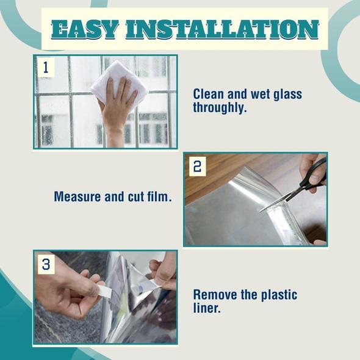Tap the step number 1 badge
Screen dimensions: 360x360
point(45,67)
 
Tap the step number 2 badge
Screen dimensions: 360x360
point(196,166)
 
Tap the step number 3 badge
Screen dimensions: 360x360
point(46,264)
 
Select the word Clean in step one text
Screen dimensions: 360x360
point(209,95)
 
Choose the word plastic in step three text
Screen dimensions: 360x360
point(278,295)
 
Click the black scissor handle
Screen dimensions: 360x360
point(314,172)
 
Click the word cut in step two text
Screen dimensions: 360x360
point(135,197)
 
